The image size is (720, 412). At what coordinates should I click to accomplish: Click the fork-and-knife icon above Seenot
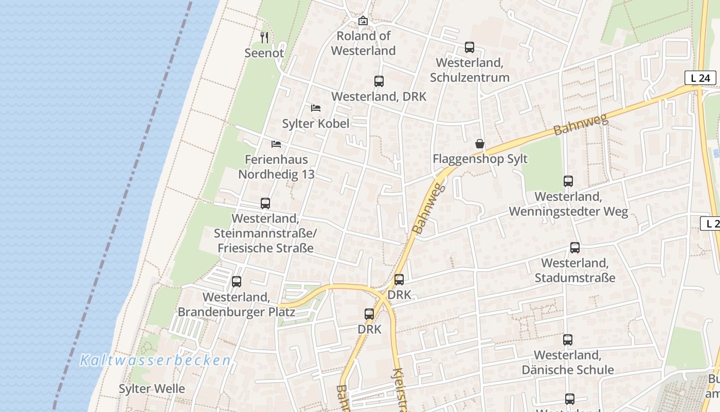(264, 37)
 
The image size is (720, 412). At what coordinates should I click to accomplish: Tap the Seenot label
(264, 53)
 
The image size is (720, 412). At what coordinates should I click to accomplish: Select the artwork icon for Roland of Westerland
(363, 21)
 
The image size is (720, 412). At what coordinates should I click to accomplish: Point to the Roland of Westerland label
(363, 43)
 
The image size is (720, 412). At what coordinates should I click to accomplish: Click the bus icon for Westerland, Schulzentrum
(470, 47)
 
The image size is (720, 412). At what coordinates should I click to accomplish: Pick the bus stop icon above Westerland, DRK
(379, 81)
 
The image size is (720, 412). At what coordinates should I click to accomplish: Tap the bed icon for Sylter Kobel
(316, 108)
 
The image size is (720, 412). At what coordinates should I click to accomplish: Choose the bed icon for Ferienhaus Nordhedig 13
(276, 144)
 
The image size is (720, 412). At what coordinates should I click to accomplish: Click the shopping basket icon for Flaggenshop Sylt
(480, 144)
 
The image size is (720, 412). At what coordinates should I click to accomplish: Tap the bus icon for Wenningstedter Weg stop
(568, 181)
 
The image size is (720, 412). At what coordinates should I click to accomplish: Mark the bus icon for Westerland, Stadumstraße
(575, 248)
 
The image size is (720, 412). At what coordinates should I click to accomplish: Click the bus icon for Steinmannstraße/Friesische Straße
(265, 203)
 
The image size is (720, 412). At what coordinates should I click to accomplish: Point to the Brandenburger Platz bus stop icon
(237, 282)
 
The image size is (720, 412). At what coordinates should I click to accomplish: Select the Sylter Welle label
(152, 388)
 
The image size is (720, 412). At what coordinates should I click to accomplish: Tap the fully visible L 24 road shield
(700, 78)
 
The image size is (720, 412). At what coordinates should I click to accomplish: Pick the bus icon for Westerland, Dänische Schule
(568, 340)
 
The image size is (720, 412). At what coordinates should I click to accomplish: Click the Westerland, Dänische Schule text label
(568, 363)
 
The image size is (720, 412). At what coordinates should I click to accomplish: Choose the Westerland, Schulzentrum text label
(470, 70)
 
